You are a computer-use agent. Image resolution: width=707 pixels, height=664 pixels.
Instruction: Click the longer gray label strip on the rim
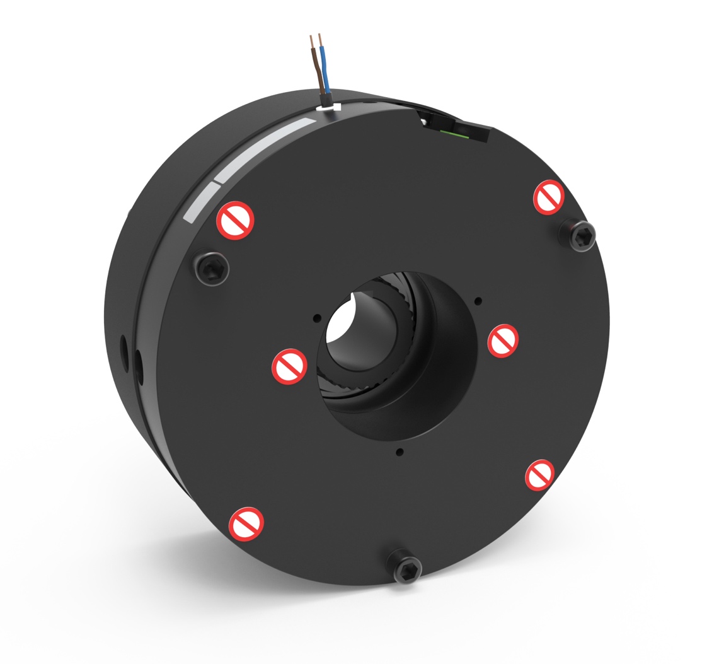point(265,148)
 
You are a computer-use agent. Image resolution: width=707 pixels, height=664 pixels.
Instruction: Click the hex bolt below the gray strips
point(211,269)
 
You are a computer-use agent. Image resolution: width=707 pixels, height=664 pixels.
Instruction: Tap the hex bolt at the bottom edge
point(403,566)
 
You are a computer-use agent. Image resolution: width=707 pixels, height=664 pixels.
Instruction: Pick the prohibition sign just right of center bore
point(503,340)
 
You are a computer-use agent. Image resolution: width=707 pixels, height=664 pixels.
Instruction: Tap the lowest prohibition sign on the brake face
point(246,523)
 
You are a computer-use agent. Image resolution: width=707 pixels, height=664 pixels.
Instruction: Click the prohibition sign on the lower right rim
point(540,475)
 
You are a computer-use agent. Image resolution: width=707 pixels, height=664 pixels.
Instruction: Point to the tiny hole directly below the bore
point(399,451)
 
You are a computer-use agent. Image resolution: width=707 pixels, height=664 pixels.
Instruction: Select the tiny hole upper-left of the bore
point(316,318)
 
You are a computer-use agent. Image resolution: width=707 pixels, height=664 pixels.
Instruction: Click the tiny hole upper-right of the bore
point(478,300)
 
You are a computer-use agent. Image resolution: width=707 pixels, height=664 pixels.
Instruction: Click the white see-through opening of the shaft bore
point(340,325)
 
